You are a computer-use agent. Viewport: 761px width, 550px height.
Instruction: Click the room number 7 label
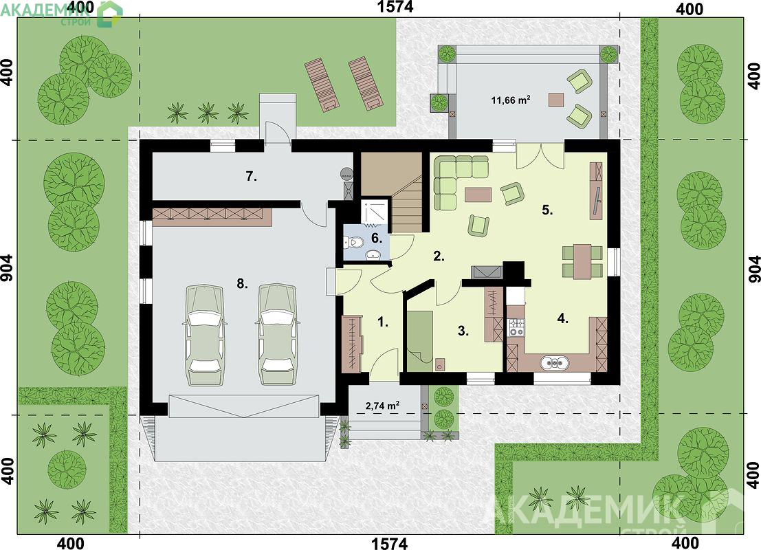coord(251,177)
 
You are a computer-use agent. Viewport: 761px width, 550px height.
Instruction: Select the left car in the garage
coord(204,334)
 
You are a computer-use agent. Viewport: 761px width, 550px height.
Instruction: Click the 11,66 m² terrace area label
coord(510,100)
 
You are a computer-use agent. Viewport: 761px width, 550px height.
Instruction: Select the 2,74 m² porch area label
coord(382,406)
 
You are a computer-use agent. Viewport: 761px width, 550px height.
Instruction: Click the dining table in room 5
coord(582,262)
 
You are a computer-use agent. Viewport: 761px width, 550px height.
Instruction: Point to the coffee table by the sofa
coord(478,195)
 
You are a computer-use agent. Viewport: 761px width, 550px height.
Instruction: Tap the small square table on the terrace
coord(556,100)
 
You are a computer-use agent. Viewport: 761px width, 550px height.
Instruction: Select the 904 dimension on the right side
coord(753,268)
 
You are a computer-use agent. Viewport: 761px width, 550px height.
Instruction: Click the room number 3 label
coord(463,331)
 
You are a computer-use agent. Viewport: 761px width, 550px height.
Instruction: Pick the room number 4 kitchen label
coord(562,319)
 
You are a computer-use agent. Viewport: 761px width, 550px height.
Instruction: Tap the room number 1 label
coord(383,322)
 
